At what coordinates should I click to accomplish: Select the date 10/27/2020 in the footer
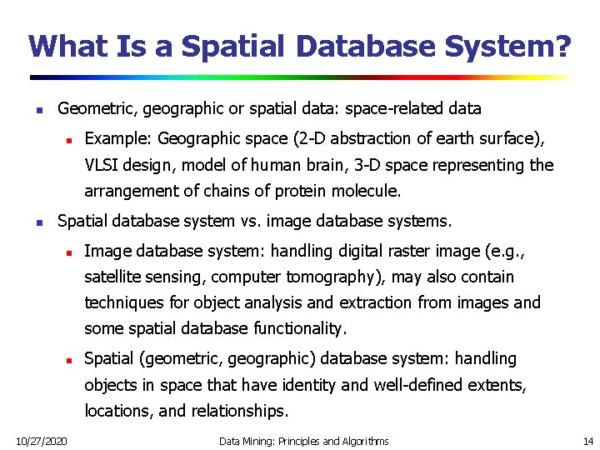pyautogui.click(x=42, y=440)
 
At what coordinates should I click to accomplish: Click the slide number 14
pyautogui.click(x=587, y=440)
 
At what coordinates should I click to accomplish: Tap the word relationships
pyautogui.click(x=239, y=411)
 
